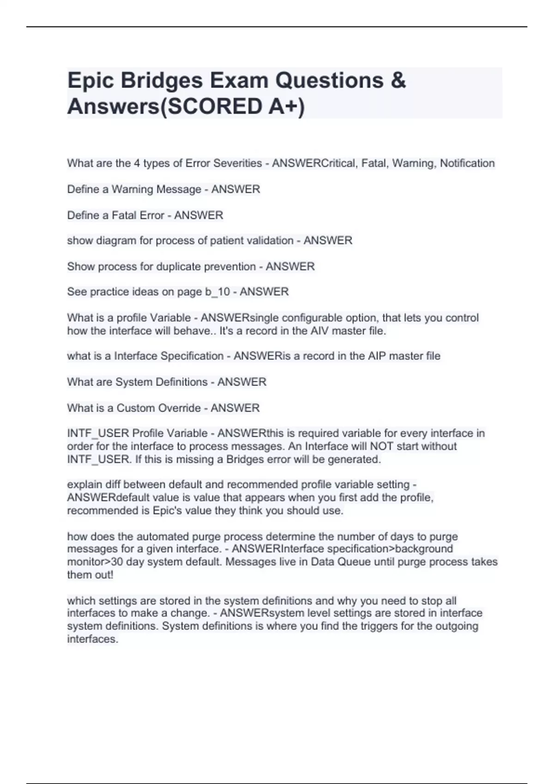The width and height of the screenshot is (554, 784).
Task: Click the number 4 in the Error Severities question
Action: (x=137, y=163)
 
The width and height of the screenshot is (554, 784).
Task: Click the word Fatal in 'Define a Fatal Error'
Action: (x=125, y=215)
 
